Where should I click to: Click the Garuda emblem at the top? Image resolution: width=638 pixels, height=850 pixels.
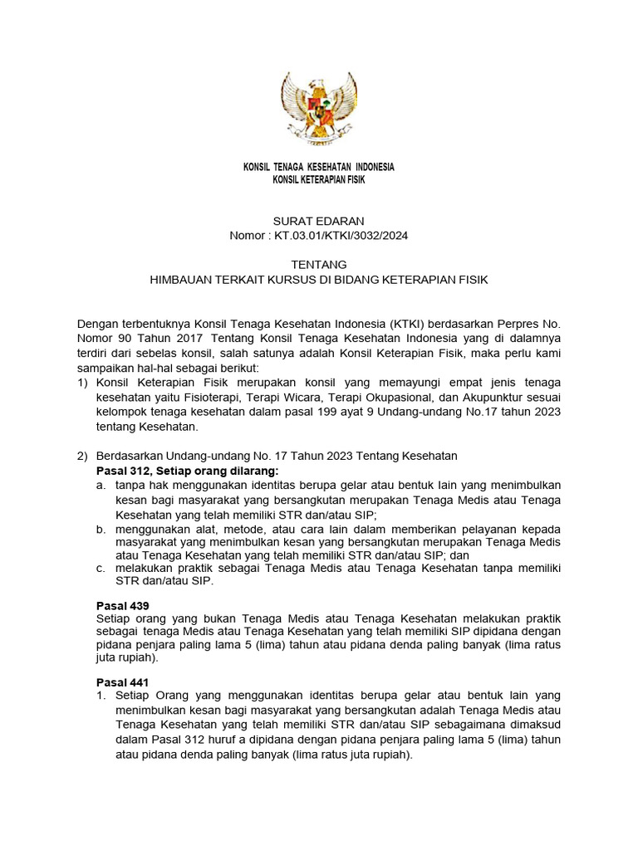318,105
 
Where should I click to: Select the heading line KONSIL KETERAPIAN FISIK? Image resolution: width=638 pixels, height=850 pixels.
318,180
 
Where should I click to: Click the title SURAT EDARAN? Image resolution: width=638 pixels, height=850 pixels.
319,221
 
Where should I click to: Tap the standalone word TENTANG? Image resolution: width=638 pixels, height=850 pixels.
319,265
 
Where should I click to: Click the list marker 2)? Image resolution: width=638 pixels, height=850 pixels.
81,457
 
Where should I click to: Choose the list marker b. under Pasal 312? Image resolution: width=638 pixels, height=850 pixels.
101,530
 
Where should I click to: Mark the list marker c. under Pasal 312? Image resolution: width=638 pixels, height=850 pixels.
101,568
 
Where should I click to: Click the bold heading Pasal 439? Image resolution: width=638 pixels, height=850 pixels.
124,606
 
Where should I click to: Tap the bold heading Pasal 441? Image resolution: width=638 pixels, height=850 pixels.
124,681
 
